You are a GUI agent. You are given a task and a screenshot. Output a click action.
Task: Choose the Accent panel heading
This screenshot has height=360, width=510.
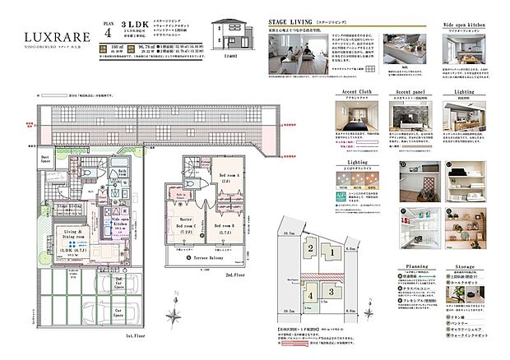click(410, 92)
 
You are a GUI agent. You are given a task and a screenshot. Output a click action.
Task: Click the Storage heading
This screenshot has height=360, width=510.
click(470, 268)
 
